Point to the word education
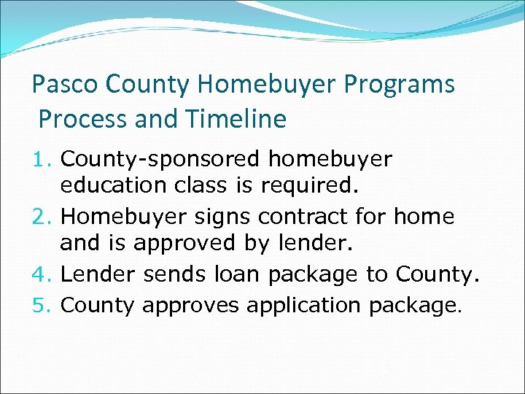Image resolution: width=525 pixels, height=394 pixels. (113, 185)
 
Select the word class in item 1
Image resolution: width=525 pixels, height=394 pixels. (200, 185)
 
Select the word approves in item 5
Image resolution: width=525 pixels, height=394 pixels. (190, 306)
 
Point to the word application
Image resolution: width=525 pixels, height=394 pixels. (304, 306)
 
